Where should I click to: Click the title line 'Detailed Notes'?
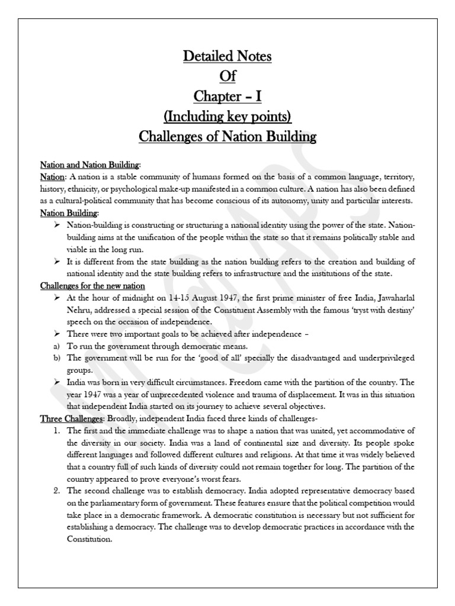(227, 57)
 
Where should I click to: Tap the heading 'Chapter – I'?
(227, 97)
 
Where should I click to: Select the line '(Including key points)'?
(227, 117)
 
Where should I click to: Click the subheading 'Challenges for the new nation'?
(92, 285)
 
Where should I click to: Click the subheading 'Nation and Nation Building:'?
(91, 165)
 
